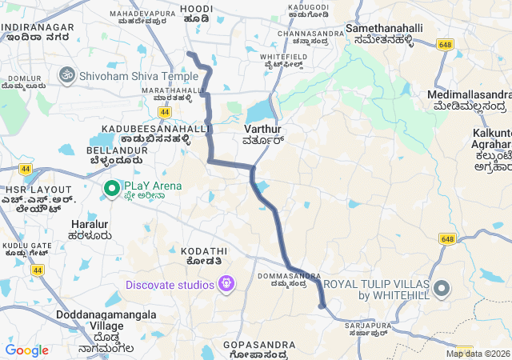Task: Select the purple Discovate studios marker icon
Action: tap(228, 284)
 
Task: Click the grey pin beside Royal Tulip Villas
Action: tap(442, 288)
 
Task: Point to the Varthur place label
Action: tap(263, 134)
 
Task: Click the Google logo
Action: tap(26, 350)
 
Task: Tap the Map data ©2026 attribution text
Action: tap(477, 354)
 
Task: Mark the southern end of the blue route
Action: tap(322, 305)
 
